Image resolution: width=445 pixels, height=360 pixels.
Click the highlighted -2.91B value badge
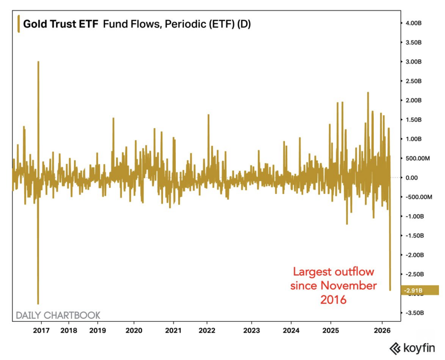click(420, 290)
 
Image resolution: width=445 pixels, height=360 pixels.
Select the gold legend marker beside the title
click(18, 24)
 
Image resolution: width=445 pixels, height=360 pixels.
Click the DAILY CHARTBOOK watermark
click(58, 315)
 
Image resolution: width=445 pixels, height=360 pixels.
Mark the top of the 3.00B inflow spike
click(38, 62)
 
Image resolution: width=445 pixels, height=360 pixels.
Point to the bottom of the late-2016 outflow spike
click(38, 304)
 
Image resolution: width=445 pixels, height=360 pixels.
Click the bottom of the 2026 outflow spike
click(390, 290)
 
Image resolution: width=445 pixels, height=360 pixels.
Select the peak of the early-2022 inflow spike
click(209, 115)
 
